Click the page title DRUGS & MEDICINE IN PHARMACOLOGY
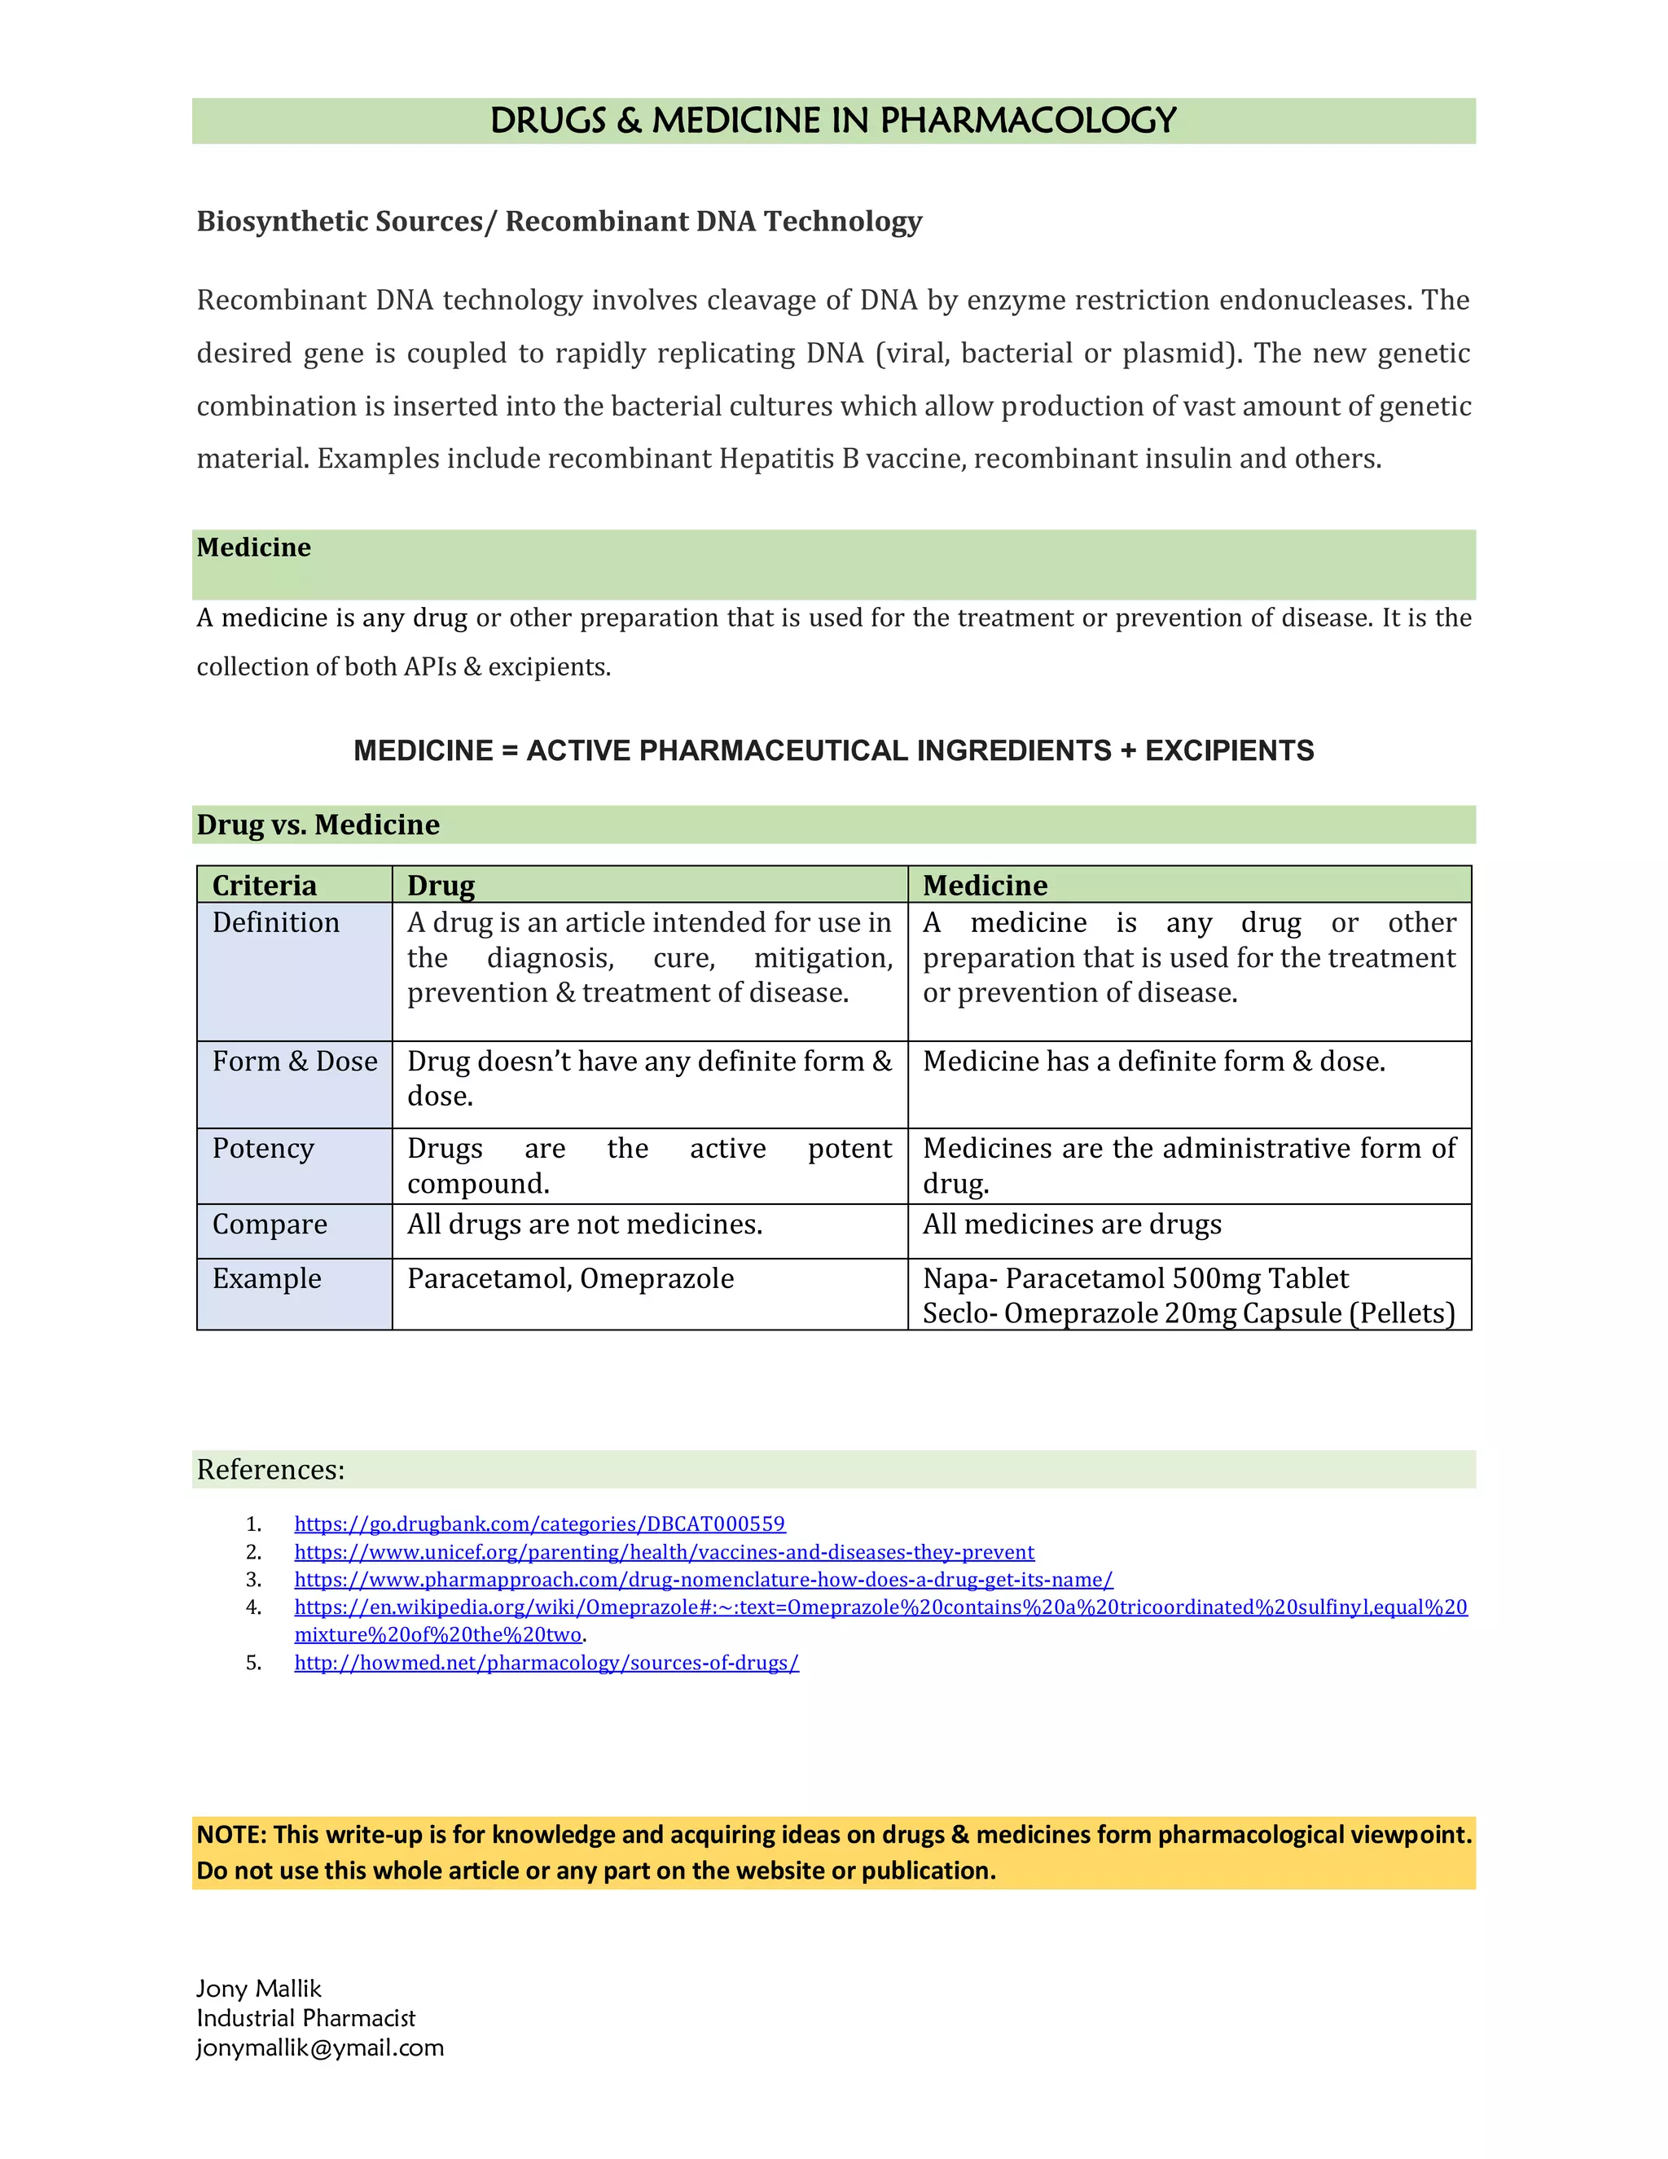[x=833, y=121]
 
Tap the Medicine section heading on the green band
[x=253, y=547]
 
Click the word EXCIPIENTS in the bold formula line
[x=1229, y=750]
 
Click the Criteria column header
[x=264, y=885]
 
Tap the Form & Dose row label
[x=295, y=1061]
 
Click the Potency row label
[x=263, y=1148]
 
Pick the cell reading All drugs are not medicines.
[x=584, y=1224]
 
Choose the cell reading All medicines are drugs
[x=1071, y=1224]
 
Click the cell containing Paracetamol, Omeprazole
[x=570, y=1278]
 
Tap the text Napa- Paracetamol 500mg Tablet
[x=1135, y=1278]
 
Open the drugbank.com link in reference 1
[x=539, y=1524]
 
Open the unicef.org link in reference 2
[x=664, y=1551]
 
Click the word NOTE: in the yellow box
[x=231, y=1834]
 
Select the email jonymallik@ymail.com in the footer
[x=320, y=2047]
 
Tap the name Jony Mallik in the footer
[x=259, y=1988]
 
